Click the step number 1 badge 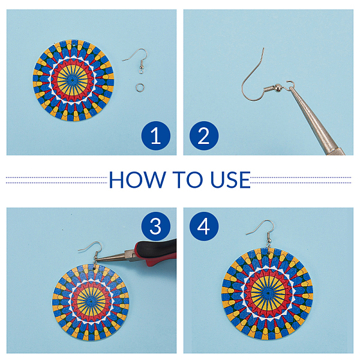pyautogui.click(x=156, y=136)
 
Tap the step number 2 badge pyautogui.click(x=204, y=136)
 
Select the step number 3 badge pyautogui.click(x=156, y=226)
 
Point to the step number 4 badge pyautogui.click(x=204, y=226)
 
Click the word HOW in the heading pyautogui.click(x=137, y=179)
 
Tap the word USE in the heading pyautogui.click(x=230, y=179)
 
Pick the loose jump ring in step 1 pyautogui.click(x=140, y=87)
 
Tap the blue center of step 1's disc pyautogui.click(x=73, y=80)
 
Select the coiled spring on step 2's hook pyautogui.click(x=269, y=88)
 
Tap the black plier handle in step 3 pyautogui.click(x=161, y=247)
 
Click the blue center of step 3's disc pyautogui.click(x=91, y=301)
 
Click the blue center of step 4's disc pyautogui.click(x=268, y=293)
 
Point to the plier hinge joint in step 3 pyautogui.click(x=128, y=255)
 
